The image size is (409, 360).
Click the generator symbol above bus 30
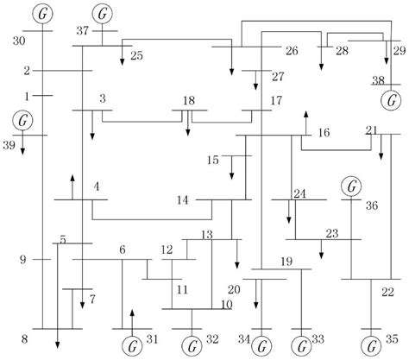[x=42, y=14]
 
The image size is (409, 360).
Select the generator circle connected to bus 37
[x=104, y=14]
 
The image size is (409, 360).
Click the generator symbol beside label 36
[x=350, y=186]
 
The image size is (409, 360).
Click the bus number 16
[x=324, y=133]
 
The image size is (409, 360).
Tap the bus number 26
[x=291, y=51]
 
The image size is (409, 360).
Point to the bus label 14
[x=183, y=201]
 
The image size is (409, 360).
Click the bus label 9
[x=24, y=259]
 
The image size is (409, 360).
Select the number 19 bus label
[x=287, y=262]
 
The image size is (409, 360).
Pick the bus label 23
[x=332, y=233]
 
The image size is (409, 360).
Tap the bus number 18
[x=188, y=101]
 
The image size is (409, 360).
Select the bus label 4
[x=97, y=186]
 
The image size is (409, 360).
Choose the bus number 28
[x=343, y=52]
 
